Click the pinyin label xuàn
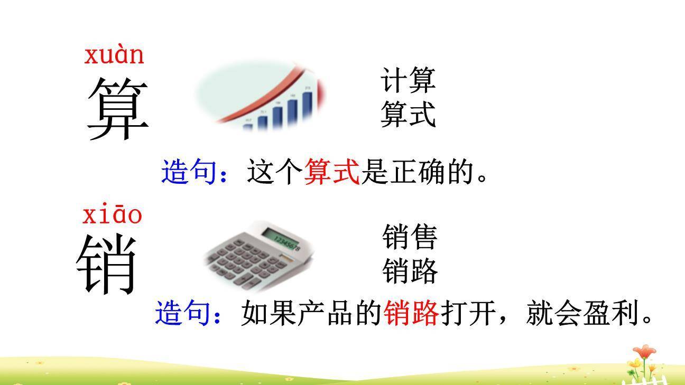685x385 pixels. (114, 55)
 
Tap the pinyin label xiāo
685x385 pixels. (112, 215)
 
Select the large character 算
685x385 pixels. (117, 109)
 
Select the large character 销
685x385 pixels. (108, 264)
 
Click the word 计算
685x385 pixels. (408, 81)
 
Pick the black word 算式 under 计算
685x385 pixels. (408, 114)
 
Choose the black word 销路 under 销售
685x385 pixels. (410, 271)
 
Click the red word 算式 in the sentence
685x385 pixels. (332, 172)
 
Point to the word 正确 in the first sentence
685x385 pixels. (418, 172)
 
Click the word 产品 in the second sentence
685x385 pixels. (326, 313)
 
